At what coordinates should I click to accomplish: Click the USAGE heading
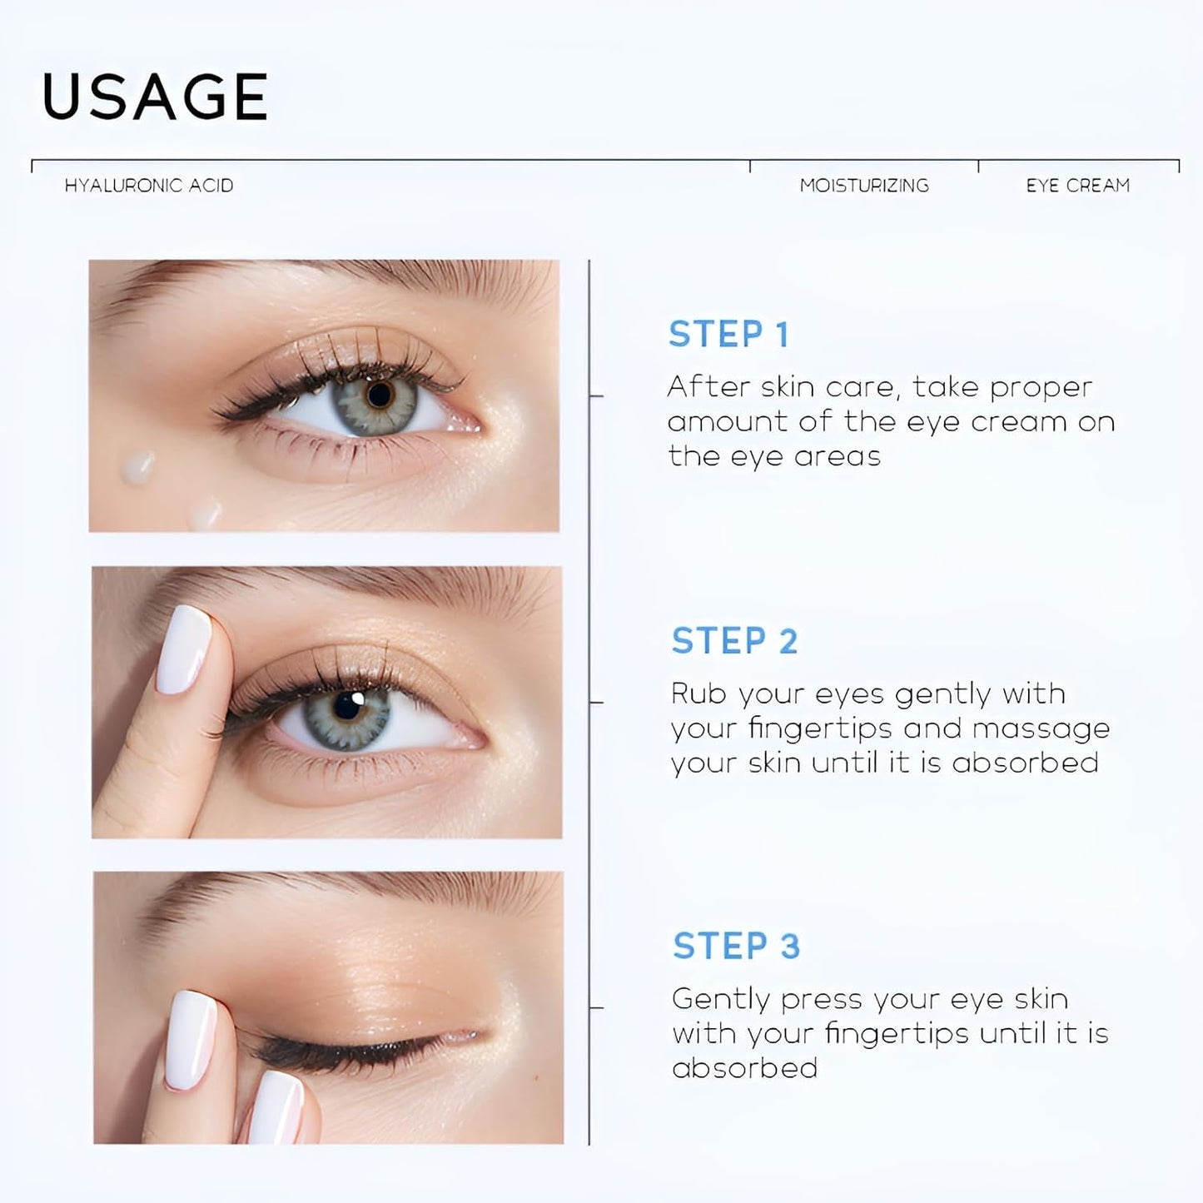click(x=155, y=97)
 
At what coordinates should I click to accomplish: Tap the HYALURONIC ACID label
click(x=149, y=186)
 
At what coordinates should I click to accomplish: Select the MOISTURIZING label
click(x=864, y=186)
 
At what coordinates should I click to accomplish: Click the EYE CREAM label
click(x=1078, y=186)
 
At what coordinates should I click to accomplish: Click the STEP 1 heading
click(x=728, y=335)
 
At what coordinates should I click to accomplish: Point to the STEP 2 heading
click(x=734, y=641)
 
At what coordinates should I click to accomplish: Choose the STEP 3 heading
click(x=736, y=947)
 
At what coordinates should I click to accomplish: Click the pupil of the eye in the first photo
click(x=380, y=395)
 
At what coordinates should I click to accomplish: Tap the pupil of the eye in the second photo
click(x=348, y=707)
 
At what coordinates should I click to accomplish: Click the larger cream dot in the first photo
click(x=138, y=467)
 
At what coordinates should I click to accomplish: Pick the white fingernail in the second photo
click(x=184, y=649)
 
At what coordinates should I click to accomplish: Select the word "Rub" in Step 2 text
click(x=698, y=693)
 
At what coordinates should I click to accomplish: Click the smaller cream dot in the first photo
click(x=205, y=515)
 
